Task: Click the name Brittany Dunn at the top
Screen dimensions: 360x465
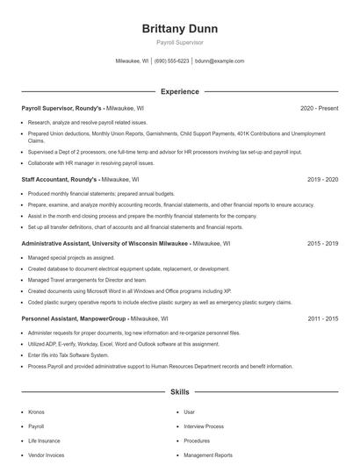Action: point(179,28)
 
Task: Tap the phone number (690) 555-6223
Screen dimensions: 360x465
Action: point(171,61)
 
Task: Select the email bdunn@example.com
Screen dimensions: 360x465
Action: point(220,61)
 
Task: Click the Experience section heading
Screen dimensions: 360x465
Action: point(179,91)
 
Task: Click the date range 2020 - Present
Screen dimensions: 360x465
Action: point(319,108)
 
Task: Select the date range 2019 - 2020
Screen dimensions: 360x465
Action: point(322,179)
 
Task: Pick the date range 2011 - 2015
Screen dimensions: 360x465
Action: point(322,318)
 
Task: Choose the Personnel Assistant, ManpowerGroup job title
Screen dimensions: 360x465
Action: point(75,318)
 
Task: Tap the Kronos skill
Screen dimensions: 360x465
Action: point(36,411)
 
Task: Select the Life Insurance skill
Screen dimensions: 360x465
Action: point(44,440)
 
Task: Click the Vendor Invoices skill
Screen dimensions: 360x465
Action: point(46,455)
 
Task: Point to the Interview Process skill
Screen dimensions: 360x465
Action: point(205,426)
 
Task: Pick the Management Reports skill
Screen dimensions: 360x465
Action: point(208,455)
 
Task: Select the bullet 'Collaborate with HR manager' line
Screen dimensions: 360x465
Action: point(92,162)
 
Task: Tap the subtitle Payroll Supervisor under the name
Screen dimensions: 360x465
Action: point(179,41)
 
